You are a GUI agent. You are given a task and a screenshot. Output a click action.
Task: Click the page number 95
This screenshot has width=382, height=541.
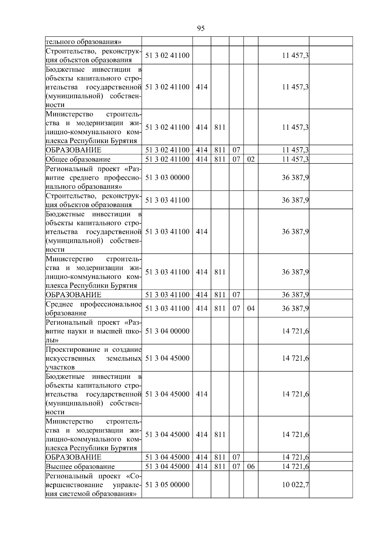click(201, 29)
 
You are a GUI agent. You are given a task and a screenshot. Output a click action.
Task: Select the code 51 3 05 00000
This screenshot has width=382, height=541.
click(167, 485)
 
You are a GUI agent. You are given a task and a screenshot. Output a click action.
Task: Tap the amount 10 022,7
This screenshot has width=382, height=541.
click(295, 485)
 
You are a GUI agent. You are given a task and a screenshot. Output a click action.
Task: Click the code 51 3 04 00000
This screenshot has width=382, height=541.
click(167, 331)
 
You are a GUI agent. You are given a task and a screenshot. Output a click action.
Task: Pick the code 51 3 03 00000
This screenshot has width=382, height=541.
click(167, 177)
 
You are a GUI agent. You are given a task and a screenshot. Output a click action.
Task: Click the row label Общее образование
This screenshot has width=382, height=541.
click(78, 159)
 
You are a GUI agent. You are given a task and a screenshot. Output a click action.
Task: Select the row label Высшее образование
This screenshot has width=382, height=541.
click(80, 466)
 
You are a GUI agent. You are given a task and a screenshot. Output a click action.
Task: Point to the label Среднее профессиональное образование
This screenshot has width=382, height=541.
click(94, 308)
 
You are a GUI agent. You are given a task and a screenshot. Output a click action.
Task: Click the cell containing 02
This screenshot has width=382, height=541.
click(251, 159)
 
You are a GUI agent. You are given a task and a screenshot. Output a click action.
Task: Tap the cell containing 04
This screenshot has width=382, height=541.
click(251, 308)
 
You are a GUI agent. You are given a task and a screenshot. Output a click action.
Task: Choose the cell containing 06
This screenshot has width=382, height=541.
click(251, 466)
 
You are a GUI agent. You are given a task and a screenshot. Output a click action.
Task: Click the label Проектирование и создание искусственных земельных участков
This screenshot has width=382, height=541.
click(94, 358)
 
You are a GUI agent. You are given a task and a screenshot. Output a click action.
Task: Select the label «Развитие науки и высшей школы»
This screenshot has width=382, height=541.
click(94, 331)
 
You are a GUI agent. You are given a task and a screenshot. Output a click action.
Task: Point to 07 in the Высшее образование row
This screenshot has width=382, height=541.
click(236, 466)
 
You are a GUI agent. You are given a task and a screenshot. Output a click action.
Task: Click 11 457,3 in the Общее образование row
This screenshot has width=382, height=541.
click(295, 159)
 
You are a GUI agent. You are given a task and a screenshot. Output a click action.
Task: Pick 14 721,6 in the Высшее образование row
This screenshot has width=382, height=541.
click(295, 466)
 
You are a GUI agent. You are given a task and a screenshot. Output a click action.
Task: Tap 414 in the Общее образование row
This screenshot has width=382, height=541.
click(202, 159)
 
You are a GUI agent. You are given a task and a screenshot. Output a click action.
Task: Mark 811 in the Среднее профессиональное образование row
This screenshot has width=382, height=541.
click(220, 308)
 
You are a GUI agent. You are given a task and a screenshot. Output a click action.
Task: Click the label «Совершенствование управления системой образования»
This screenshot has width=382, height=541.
click(94, 485)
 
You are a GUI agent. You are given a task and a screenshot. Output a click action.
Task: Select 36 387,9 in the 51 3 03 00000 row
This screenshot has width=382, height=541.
click(295, 177)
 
